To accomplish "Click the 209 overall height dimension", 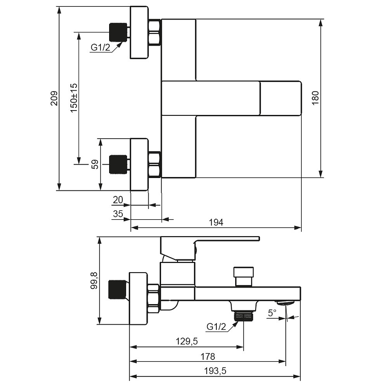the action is click(54, 98).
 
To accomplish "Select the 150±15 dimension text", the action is click(74, 98).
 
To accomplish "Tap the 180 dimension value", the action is click(315, 98).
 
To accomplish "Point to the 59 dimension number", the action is click(95, 164).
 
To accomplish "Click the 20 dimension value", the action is click(118, 200).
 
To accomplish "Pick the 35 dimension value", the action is click(118, 214).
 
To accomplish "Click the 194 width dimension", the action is click(216, 223).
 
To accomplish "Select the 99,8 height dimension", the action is click(94, 280).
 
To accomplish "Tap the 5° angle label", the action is click(272, 313).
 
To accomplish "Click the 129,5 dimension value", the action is click(187, 341).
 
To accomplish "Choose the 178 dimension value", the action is click(208, 356).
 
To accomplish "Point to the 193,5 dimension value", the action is click(215, 371).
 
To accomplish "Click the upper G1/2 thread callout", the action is click(100, 47).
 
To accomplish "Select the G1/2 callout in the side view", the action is click(216, 326).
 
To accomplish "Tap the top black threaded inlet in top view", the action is click(118, 32).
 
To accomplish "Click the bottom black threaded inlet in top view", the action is click(118, 165).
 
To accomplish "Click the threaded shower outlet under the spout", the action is click(244, 316).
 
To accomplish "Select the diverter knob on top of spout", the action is click(243, 276).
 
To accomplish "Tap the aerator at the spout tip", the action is click(285, 303).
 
